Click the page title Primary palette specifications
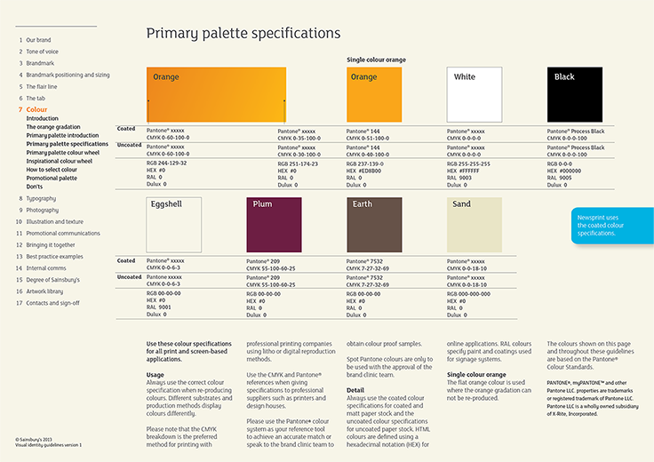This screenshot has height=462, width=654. (x=243, y=34)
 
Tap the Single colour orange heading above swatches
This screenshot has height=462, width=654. (x=376, y=60)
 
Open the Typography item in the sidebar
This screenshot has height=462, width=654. (x=41, y=198)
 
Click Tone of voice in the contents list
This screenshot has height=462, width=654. (x=42, y=52)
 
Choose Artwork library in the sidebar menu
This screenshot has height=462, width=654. (x=44, y=291)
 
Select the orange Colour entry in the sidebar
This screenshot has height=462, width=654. (x=36, y=109)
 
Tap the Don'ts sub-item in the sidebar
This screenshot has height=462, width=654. (x=36, y=187)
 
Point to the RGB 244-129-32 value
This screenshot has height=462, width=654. (x=166, y=163)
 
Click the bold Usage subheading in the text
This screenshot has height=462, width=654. (x=156, y=375)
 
